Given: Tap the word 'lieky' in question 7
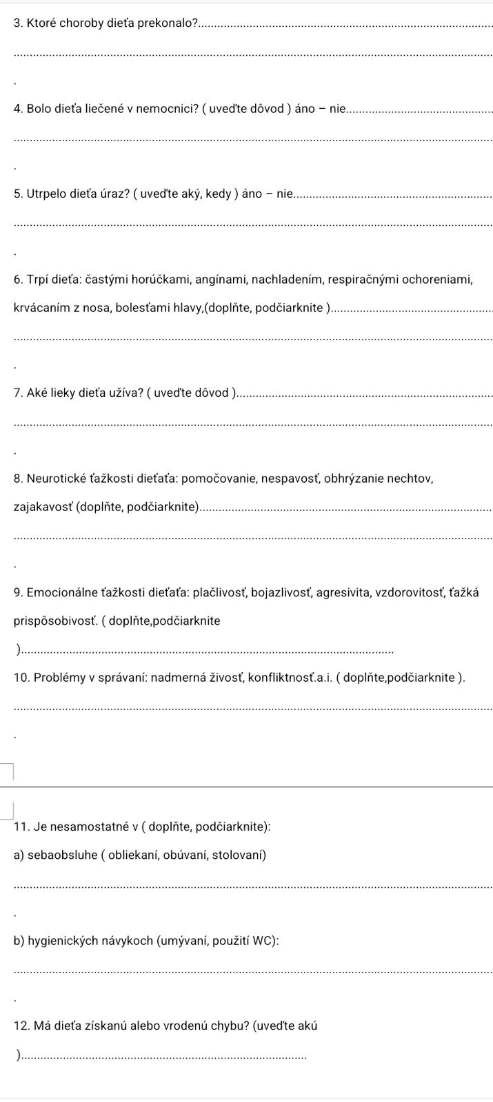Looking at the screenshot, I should [62, 393].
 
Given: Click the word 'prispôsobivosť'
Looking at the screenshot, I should [56, 621].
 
